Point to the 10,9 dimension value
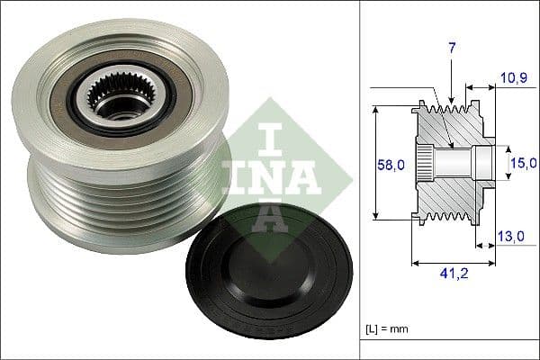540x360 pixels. click(x=513, y=78)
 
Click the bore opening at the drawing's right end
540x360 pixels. click(x=485, y=163)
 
